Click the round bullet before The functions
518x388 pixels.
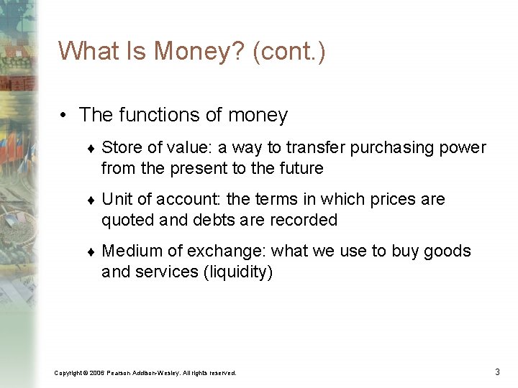coord(65,116)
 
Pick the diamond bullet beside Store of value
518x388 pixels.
coord(91,149)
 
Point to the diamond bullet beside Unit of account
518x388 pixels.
coord(91,200)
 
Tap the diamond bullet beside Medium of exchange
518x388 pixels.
coord(91,252)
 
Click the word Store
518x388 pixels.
coord(119,148)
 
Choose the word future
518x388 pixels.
coord(301,169)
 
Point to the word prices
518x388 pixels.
coord(383,200)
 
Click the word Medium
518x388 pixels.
coord(133,251)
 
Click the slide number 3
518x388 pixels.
coord(497,371)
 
